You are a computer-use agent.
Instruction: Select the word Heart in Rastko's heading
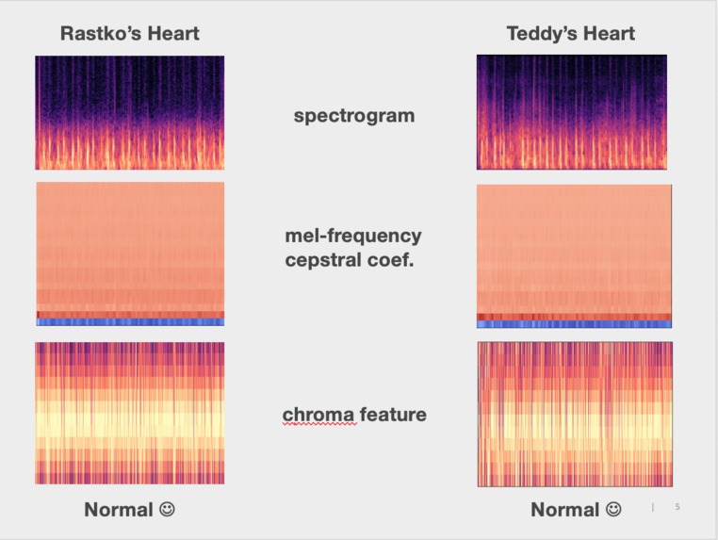[x=173, y=34]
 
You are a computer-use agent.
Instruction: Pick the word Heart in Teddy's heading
[x=609, y=34]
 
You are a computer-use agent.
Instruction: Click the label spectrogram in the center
[x=353, y=117]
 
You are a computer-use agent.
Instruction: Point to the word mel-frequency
[x=353, y=236]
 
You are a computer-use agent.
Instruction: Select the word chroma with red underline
[x=319, y=415]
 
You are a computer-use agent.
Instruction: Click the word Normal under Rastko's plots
[x=118, y=510]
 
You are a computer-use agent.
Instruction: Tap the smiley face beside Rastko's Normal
[x=167, y=510]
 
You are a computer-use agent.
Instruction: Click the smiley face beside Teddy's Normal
[x=613, y=510]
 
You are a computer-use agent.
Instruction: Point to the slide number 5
[x=677, y=508]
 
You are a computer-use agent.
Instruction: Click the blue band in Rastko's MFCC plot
[x=130, y=322]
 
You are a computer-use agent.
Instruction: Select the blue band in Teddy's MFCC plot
[x=574, y=324]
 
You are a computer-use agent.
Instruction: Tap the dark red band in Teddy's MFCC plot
[x=574, y=317]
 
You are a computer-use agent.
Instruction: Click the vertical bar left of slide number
[x=653, y=508]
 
